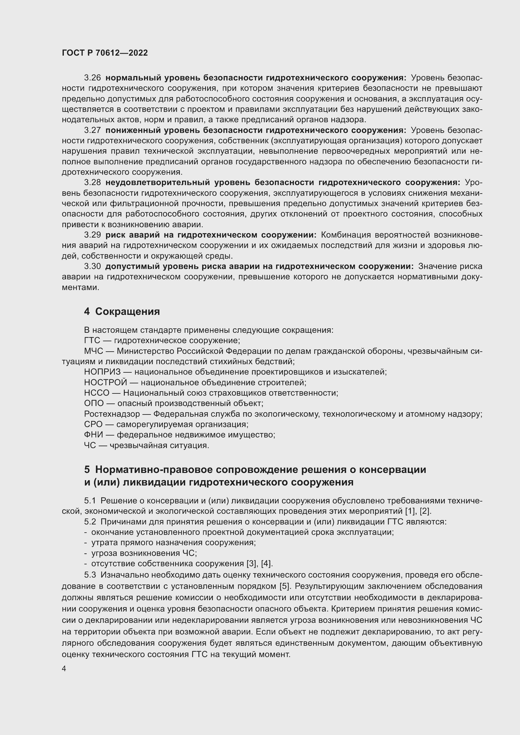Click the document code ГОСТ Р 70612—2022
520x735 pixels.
coord(105,53)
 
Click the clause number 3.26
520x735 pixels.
coord(92,78)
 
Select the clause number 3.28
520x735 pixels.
coord(92,183)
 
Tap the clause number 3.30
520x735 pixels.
coord(92,266)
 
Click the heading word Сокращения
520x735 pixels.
coord(127,311)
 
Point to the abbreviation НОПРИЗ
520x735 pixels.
coord(102,372)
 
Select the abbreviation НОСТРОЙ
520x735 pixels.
coord(106,382)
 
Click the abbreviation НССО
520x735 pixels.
coord(97,393)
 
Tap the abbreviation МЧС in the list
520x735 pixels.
coord(93,351)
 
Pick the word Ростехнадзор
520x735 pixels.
coord(112,414)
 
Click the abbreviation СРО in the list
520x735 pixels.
coord(93,425)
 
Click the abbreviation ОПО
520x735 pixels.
coord(94,403)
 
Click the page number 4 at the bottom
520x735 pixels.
coord(64,668)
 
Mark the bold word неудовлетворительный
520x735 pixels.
coord(158,183)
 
